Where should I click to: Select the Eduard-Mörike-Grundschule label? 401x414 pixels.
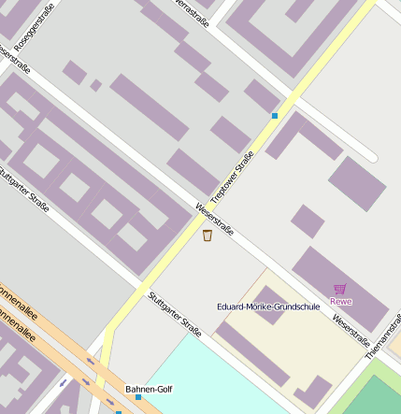(x=267, y=306)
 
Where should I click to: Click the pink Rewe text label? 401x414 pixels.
(x=341, y=301)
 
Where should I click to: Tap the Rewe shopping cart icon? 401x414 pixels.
(x=340, y=289)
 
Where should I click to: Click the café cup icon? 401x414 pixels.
(x=207, y=236)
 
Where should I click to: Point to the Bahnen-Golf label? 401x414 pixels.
(x=149, y=389)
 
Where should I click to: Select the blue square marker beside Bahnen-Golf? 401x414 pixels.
(x=138, y=397)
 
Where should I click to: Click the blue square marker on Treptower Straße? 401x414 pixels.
(x=275, y=116)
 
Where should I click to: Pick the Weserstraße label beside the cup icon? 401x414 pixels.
(x=214, y=218)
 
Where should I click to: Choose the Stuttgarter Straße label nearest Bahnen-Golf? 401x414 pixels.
(x=175, y=314)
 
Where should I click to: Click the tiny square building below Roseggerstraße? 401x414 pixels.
(x=95, y=85)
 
